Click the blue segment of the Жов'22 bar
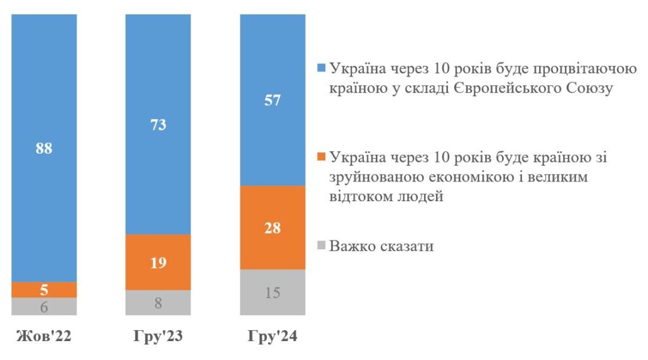click(44, 148)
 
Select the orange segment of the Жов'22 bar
click(44, 290)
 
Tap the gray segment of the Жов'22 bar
click(44, 306)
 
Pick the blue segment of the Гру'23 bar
click(158, 125)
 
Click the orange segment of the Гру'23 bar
click(158, 263)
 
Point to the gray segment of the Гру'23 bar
click(158, 302)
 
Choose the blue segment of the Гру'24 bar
click(273, 100)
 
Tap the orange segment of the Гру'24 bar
click(273, 228)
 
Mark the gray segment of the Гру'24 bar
click(273, 293)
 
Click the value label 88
click(44, 149)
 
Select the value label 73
click(158, 125)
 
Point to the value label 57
click(273, 101)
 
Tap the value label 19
click(158, 263)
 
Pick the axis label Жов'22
click(44, 336)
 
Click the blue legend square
click(321, 68)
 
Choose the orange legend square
click(321, 157)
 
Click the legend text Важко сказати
click(382, 246)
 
